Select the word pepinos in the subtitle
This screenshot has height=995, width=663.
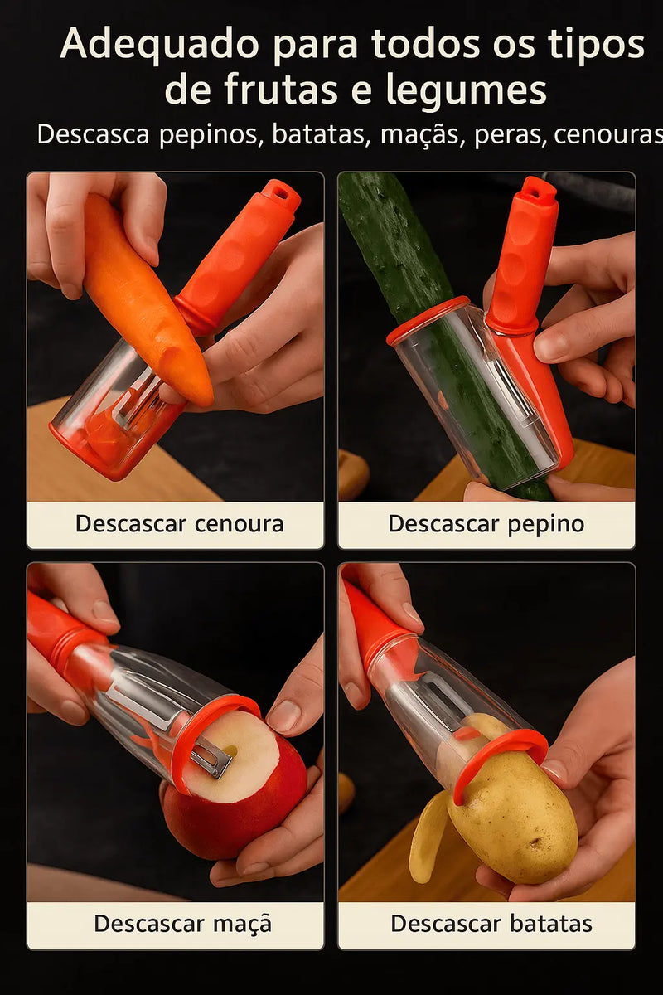tap(209, 133)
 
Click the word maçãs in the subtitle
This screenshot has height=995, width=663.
tap(419, 133)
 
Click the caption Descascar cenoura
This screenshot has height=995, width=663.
tap(179, 524)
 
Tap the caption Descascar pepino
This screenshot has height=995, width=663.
tap(486, 524)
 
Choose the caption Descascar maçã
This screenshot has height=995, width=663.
tap(182, 924)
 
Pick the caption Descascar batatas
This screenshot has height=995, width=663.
tap(491, 924)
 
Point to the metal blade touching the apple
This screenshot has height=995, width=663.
tap(211, 758)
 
